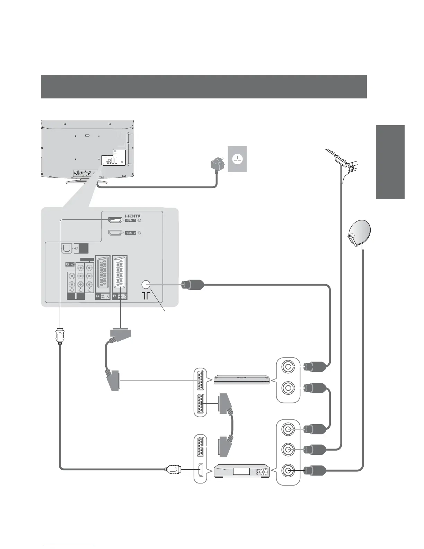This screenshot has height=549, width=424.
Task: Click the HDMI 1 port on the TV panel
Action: (x=115, y=220)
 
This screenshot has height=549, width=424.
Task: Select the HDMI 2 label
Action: (x=131, y=233)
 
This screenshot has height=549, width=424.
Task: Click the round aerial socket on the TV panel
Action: (x=146, y=285)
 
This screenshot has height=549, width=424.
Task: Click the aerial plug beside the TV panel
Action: (x=192, y=285)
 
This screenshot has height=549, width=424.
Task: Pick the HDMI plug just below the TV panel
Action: (x=60, y=336)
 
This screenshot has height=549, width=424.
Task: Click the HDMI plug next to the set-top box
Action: (x=173, y=470)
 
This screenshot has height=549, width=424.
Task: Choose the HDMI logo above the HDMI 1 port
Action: (x=132, y=216)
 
